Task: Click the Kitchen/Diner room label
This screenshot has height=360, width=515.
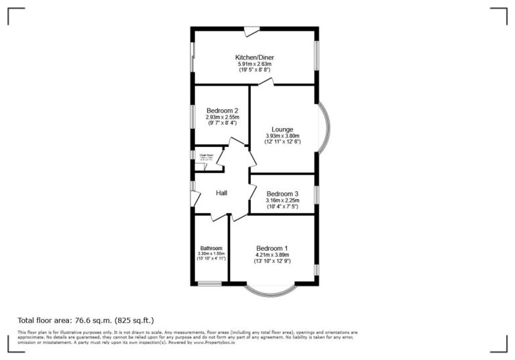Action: [254, 58]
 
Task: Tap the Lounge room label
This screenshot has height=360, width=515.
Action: [282, 129]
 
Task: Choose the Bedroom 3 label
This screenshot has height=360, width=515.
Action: [282, 194]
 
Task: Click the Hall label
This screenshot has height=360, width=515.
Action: [221, 193]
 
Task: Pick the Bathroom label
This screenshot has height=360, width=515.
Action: [211, 248]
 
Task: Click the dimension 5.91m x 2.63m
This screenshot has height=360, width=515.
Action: [254, 64]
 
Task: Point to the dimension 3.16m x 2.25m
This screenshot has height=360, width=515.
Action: [282, 200]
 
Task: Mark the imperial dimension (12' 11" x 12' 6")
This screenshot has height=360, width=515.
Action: [282, 142]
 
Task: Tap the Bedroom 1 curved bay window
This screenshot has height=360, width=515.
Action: [270, 291]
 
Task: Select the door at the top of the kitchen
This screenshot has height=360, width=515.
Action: [251, 30]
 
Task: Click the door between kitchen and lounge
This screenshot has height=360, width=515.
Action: [266, 82]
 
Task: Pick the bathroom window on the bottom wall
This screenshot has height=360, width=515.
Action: [209, 284]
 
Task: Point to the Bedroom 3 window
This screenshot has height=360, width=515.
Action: [317, 194]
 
